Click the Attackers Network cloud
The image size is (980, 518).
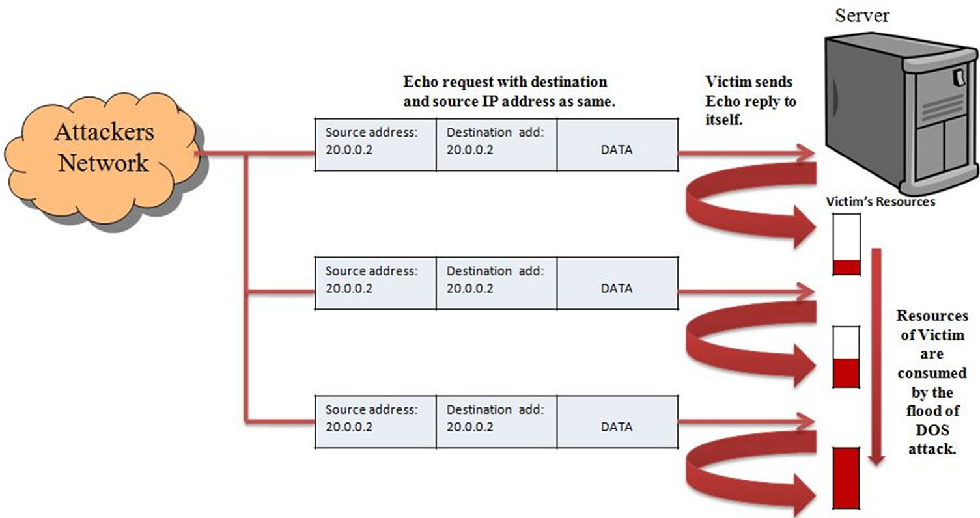click(104, 150)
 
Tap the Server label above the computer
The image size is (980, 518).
click(863, 14)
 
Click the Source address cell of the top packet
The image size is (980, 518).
click(376, 145)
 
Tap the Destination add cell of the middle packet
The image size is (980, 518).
click(496, 282)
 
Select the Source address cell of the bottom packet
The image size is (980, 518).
click(376, 422)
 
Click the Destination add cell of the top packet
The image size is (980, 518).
click(496, 145)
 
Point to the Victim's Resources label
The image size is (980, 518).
click(880, 202)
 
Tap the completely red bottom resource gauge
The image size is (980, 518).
click(847, 476)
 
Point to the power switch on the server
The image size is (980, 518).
click(959, 77)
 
